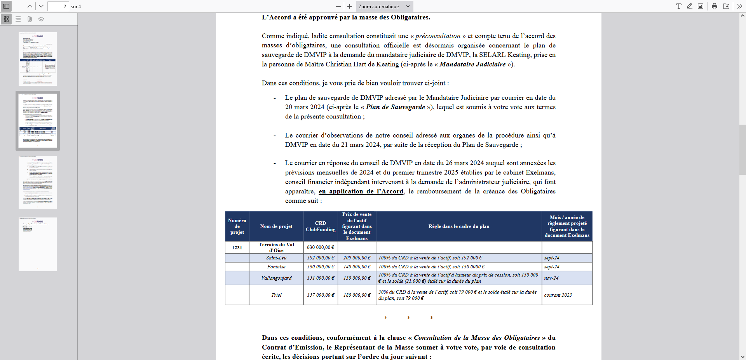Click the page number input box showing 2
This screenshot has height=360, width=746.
click(58, 6)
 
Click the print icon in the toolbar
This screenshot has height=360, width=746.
click(715, 6)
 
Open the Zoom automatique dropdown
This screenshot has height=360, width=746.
click(384, 6)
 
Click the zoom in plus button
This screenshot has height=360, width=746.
click(349, 6)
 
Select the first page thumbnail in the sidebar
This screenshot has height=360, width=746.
click(38, 59)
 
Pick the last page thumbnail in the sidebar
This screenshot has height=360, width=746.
click(38, 244)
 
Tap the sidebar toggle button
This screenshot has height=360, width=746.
click(6, 6)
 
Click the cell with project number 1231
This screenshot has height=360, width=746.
click(237, 247)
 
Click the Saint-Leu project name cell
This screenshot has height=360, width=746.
click(276, 258)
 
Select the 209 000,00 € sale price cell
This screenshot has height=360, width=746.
click(357, 258)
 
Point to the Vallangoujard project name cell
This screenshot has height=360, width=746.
click(276, 278)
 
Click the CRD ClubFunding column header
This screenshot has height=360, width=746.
click(321, 226)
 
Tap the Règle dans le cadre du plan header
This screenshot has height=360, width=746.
click(458, 226)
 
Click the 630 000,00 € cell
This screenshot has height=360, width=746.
click(321, 247)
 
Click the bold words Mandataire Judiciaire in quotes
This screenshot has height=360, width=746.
click(472, 64)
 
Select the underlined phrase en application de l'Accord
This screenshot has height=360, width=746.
click(361, 191)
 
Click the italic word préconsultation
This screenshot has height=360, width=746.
click(437, 36)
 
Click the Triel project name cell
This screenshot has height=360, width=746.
click(276, 295)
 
